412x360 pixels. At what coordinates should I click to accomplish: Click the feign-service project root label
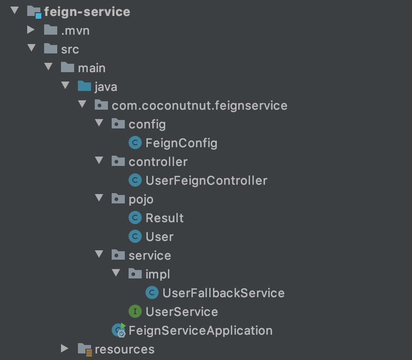click(87, 12)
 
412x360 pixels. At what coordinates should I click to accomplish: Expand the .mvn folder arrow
click(31, 30)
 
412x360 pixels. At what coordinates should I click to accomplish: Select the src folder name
click(70, 49)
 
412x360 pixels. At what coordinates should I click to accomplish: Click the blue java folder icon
click(84, 86)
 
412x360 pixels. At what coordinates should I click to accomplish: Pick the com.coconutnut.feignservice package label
click(199, 105)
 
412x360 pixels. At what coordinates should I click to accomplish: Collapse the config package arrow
click(99, 124)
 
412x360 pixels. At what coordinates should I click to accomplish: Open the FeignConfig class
click(181, 143)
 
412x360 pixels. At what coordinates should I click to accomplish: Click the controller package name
click(158, 162)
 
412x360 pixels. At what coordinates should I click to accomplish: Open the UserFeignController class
click(206, 180)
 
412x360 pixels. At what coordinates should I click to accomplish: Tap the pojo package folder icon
click(118, 199)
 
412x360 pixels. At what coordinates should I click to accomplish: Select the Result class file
click(164, 218)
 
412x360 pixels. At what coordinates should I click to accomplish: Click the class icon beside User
click(135, 237)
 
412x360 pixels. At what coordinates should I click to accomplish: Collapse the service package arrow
click(99, 255)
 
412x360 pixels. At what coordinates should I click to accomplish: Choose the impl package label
click(158, 274)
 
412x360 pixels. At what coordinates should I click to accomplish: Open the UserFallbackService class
click(223, 293)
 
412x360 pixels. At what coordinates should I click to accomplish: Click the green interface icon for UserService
click(135, 311)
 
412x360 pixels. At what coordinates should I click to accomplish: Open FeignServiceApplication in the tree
click(200, 330)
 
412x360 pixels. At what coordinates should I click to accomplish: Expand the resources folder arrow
click(65, 349)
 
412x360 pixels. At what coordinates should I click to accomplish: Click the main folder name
click(92, 68)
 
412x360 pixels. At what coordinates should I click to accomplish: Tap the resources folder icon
click(85, 349)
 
